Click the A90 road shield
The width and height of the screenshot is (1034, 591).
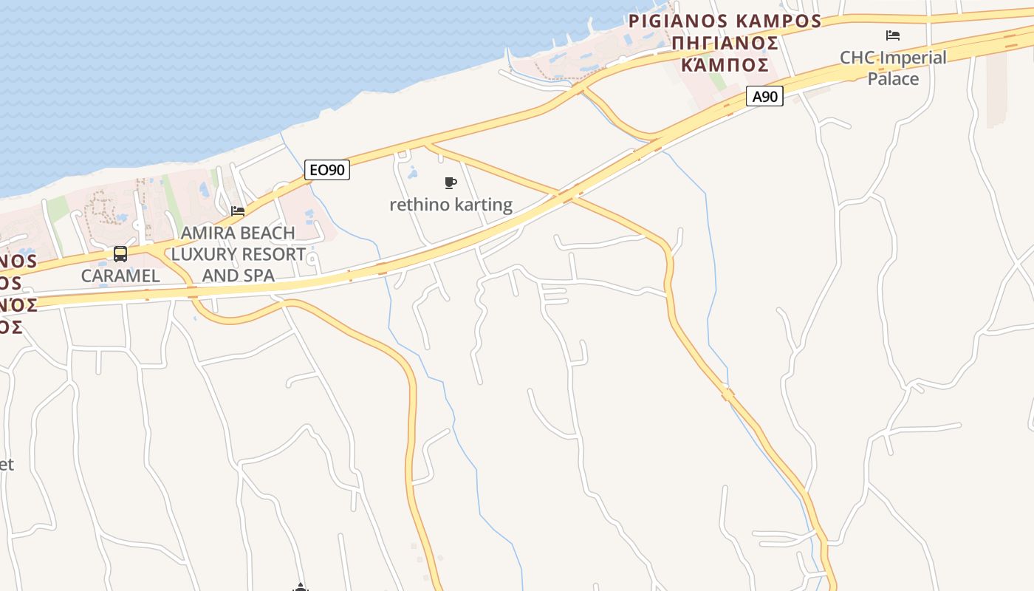[764, 96]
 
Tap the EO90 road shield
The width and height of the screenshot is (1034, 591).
[326, 170]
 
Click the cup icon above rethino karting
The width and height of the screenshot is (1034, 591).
[451, 182]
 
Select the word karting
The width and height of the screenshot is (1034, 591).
[484, 205]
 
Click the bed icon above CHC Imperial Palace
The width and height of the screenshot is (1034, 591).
[893, 35]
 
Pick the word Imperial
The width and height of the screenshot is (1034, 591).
[912, 58]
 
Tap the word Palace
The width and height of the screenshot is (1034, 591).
[893, 79]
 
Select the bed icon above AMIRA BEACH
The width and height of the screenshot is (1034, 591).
[238, 211]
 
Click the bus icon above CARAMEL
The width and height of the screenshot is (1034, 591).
[120, 254]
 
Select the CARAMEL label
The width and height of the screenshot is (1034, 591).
[120, 276]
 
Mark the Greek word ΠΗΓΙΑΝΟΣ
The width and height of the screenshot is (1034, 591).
[725, 42]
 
